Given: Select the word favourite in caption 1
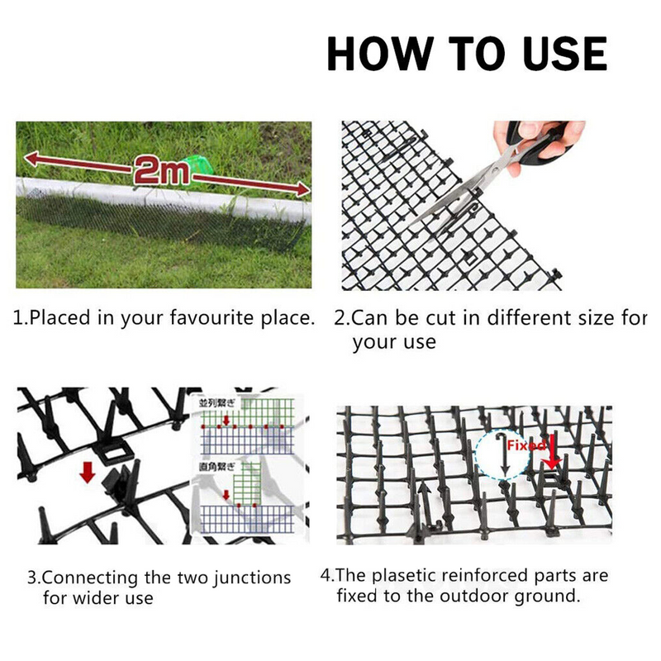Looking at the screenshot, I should [197, 318].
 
